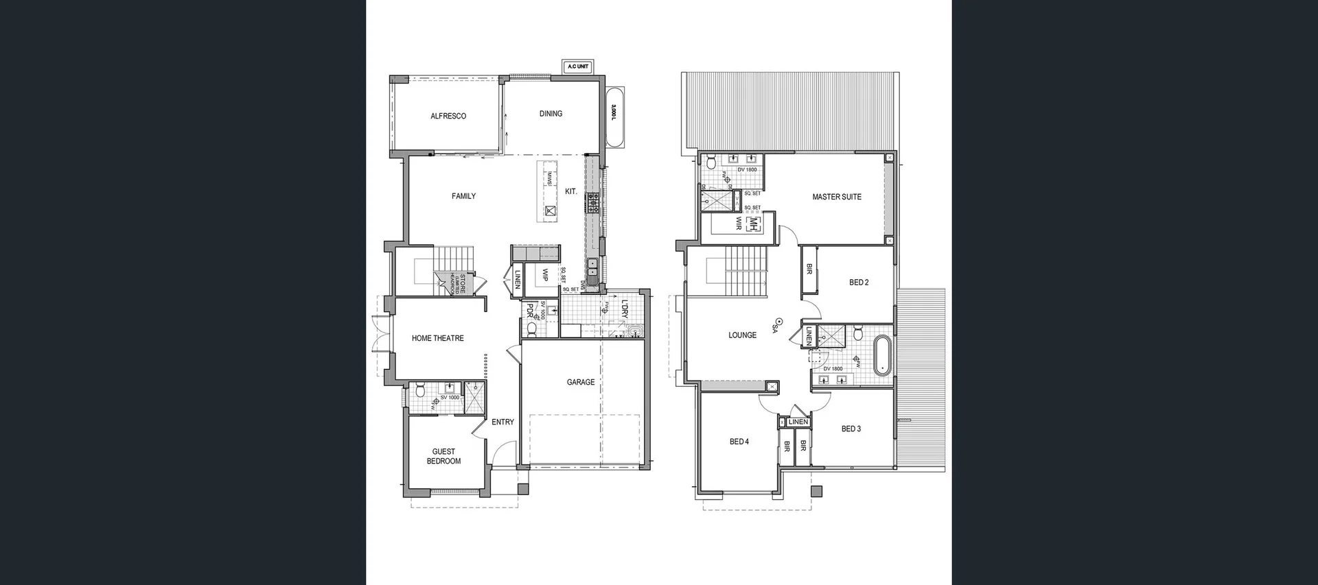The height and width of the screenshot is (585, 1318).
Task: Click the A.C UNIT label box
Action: (577, 67)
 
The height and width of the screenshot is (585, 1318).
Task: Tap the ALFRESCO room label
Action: (448, 116)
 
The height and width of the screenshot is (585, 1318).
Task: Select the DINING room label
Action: (551, 114)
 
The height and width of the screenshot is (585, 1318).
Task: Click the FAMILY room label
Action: (463, 196)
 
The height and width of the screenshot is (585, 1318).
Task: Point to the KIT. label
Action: (571, 191)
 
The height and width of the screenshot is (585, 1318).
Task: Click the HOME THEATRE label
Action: (438, 338)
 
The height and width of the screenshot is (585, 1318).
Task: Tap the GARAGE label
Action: (581, 382)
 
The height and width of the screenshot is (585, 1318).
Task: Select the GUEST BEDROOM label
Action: (443, 456)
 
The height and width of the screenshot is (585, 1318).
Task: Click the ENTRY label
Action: (502, 422)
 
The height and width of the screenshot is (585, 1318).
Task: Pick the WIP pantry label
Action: (545, 274)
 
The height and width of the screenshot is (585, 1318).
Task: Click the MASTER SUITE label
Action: (837, 197)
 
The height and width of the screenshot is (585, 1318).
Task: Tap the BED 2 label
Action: (859, 283)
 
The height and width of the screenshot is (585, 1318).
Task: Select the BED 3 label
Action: (851, 429)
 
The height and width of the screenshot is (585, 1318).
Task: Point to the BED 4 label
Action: (739, 442)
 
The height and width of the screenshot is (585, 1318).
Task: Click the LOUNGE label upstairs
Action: (743, 335)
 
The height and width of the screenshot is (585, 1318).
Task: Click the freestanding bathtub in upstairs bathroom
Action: (881, 355)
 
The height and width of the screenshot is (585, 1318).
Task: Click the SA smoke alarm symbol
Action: (779, 321)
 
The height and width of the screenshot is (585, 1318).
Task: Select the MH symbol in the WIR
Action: (753, 224)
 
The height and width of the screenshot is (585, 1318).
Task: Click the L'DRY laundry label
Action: (624, 309)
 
